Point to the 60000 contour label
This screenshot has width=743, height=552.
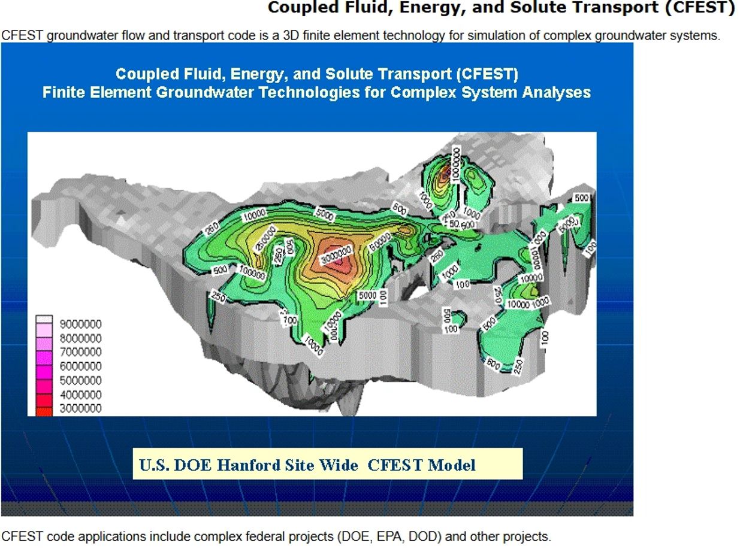pos(380,242)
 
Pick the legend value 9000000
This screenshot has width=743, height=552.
pos(81,324)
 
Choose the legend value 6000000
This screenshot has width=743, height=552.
pos(81,366)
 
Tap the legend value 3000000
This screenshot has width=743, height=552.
pos(81,408)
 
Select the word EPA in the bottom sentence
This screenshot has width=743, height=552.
pos(393,536)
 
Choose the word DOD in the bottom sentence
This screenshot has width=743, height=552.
pos(425,536)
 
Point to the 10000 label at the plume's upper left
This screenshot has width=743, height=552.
pos(254,215)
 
